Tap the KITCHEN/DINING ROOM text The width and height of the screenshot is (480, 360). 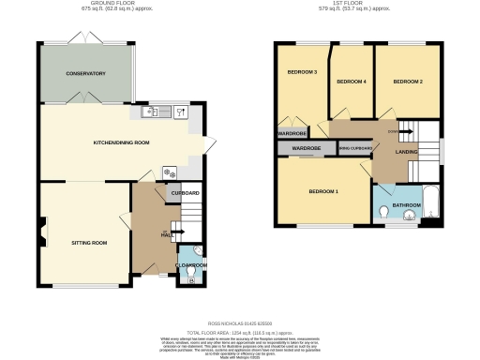click(x=122, y=143)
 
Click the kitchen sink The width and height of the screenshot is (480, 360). click(x=151, y=112)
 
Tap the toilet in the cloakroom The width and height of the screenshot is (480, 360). click(x=193, y=277)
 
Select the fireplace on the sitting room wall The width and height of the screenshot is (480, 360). click(x=42, y=230)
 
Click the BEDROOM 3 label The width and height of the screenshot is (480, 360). click(x=302, y=72)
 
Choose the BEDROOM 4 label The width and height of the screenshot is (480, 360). click(x=352, y=82)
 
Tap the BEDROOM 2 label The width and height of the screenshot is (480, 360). click(x=408, y=82)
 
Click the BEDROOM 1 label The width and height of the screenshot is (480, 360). click(x=323, y=192)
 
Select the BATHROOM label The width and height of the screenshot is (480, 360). click(x=407, y=204)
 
